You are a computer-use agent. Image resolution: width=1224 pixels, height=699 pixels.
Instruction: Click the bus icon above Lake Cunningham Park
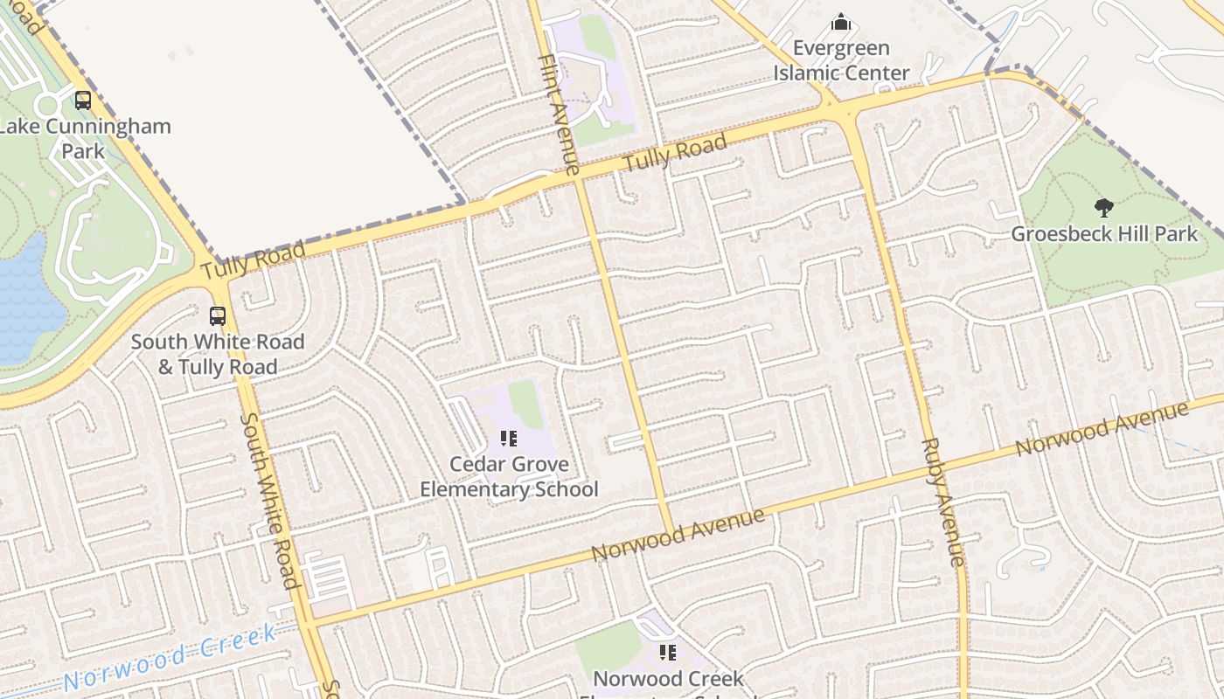coord(83,100)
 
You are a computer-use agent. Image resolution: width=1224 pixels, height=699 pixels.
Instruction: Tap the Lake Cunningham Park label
coord(84,138)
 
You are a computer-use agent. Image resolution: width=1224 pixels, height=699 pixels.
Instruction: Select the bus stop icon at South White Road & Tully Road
coord(218,316)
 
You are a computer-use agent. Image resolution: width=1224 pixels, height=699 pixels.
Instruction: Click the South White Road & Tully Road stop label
coord(218,354)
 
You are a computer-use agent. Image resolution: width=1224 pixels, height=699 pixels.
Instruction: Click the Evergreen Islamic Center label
coord(841,60)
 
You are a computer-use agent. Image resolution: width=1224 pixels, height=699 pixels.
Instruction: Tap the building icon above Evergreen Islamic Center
coord(841,22)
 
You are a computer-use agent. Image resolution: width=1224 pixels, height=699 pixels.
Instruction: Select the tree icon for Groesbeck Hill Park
coord(1104,208)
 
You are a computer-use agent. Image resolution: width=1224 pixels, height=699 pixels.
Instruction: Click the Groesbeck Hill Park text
coord(1104,234)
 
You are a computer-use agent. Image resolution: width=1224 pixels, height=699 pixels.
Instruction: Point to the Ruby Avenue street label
coord(942,502)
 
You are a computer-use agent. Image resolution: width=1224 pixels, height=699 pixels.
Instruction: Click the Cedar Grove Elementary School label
coord(509,476)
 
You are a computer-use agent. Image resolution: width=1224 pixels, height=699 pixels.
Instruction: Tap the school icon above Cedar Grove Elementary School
coord(509,438)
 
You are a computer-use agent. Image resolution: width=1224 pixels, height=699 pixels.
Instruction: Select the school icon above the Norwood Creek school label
coord(668,652)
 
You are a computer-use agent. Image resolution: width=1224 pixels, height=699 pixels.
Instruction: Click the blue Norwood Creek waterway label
coord(170,655)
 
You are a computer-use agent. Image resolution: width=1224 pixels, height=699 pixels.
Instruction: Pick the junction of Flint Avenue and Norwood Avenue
coord(671,530)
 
